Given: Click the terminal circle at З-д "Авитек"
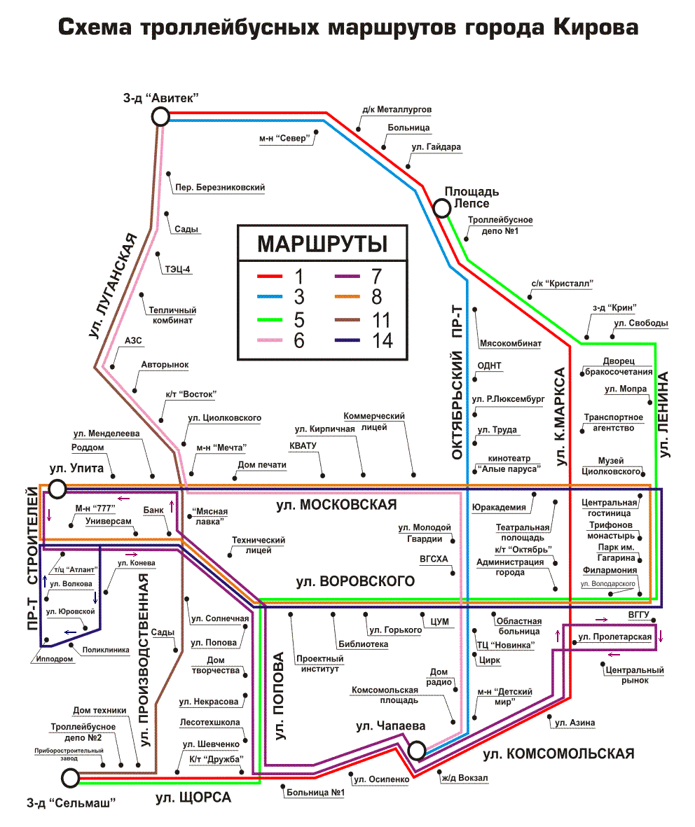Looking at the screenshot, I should pyautogui.click(x=160, y=117).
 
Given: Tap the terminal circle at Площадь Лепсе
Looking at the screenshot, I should pyautogui.click(x=442, y=208).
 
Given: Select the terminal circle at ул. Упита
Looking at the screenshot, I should pyautogui.click(x=57, y=488).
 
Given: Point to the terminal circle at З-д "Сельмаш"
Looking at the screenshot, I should pyautogui.click(x=70, y=777).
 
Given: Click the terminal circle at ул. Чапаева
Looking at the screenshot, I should pyautogui.click(x=417, y=751).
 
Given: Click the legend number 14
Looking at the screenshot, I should pyautogui.click(x=374, y=341).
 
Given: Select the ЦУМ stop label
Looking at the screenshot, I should pyautogui.click(x=439, y=621).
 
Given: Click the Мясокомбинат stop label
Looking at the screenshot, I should pyautogui.click(x=511, y=344).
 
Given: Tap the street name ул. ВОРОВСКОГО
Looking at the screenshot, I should pyautogui.click(x=355, y=581).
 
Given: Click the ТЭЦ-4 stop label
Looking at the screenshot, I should pyautogui.click(x=178, y=268).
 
